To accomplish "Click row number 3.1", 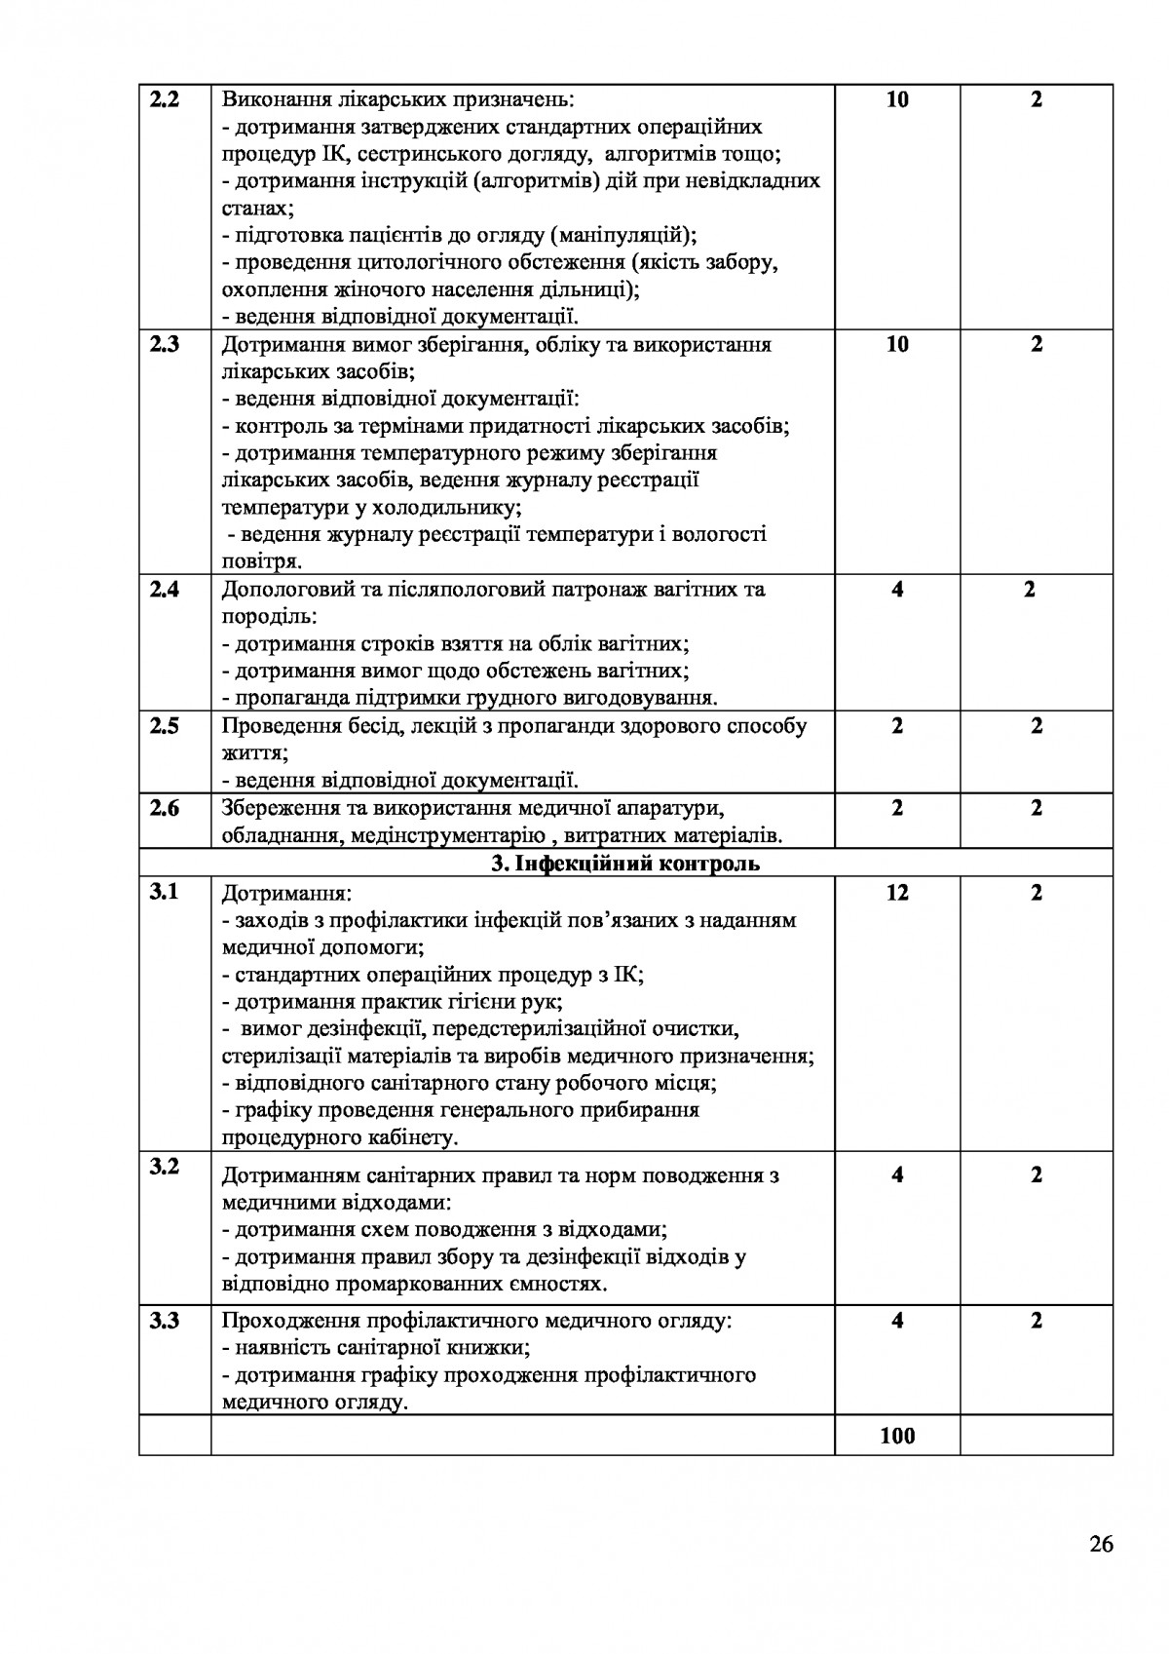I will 164,893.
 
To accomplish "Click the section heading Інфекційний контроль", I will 624,864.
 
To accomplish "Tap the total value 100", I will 897,1435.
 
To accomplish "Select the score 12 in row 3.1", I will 897,893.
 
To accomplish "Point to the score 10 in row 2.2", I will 897,99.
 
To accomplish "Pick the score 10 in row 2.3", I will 897,345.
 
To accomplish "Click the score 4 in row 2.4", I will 897,590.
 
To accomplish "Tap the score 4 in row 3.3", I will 897,1322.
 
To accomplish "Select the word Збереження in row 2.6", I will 273,808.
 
